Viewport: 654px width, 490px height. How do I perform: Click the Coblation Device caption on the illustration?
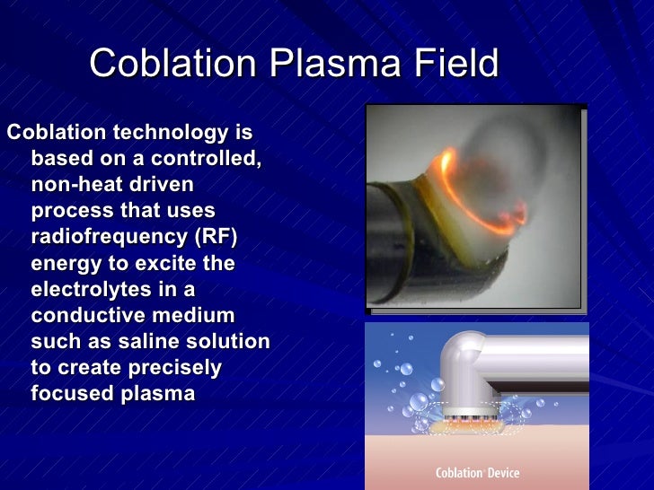[x=477, y=473]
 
